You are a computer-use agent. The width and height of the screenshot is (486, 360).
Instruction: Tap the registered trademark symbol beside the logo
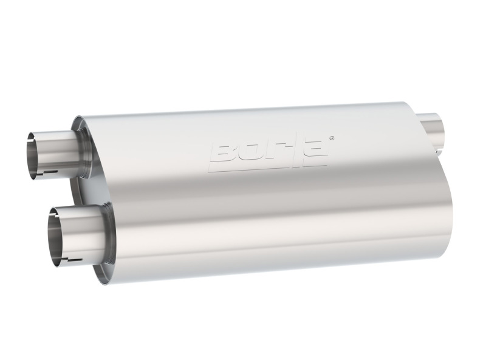coord(331,138)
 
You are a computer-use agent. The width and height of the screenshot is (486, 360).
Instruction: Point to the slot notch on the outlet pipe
coord(439,146)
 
